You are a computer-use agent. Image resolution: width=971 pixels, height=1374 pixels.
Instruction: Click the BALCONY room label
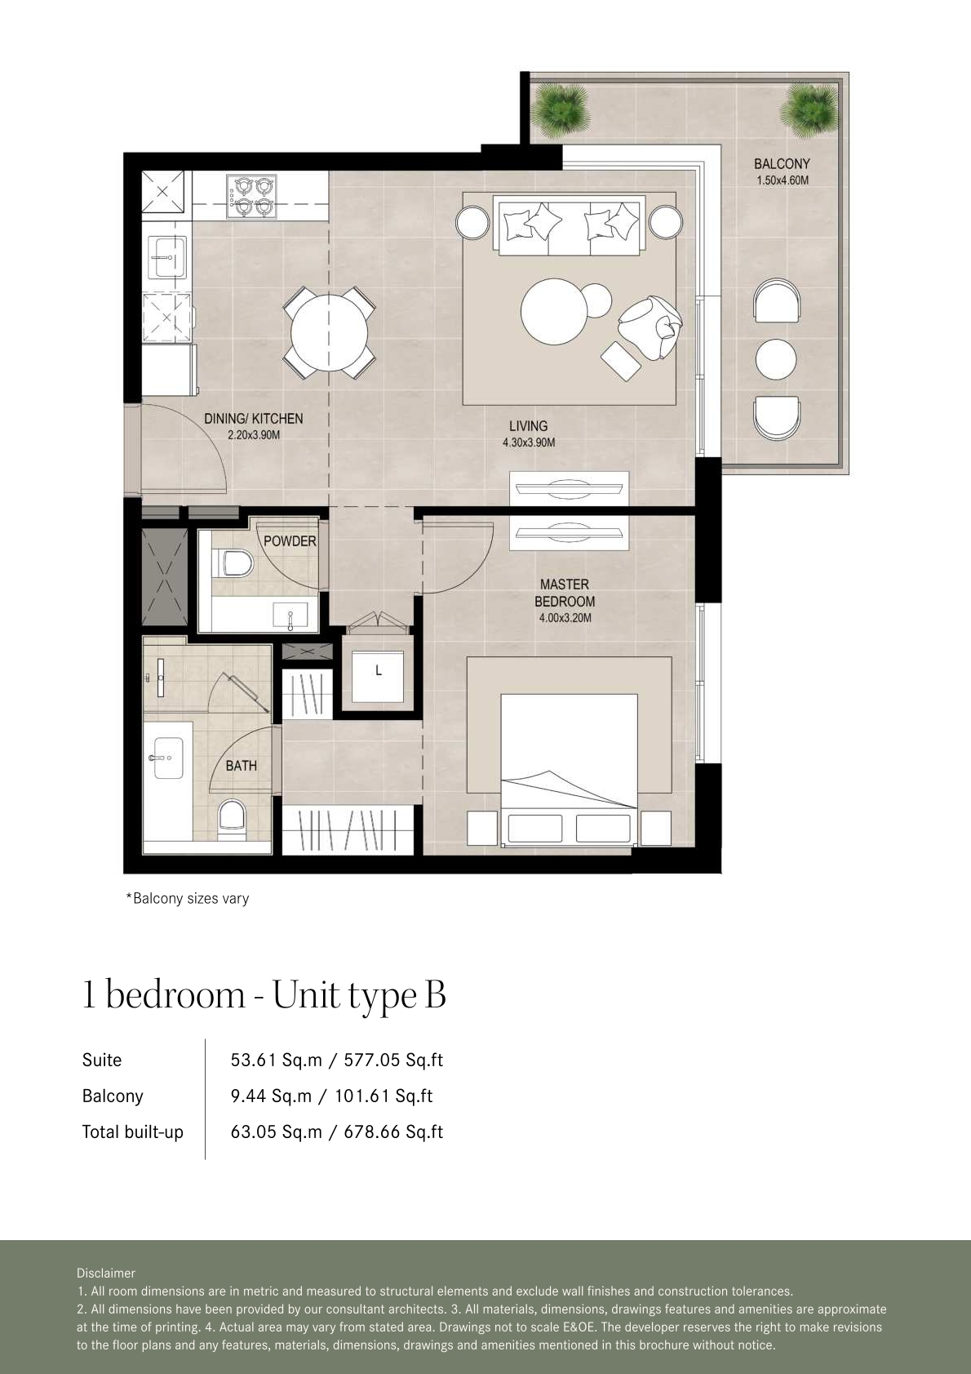point(782,163)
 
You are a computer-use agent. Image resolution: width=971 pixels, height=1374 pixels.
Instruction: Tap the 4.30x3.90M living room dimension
point(529,442)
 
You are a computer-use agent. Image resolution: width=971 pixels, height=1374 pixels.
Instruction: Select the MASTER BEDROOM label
point(565,593)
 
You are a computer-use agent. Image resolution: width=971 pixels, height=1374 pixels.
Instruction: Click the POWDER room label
point(290,540)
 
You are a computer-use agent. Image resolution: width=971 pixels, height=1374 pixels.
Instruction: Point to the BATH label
point(241,765)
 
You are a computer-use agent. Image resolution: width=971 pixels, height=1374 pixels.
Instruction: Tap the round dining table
point(329,332)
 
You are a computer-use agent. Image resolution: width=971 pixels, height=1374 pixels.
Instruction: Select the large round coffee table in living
point(554,312)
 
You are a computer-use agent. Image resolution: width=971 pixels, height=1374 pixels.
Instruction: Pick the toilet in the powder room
point(235,563)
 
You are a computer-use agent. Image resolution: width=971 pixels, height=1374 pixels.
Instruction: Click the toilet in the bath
point(233,817)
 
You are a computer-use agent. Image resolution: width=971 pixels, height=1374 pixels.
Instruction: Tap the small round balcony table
point(775,359)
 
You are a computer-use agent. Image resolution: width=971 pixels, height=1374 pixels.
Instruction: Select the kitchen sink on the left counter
point(166,257)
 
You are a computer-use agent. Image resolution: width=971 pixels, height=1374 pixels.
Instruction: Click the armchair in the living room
point(650,327)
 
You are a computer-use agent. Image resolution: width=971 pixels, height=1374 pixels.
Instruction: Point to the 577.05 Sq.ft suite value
point(393,1060)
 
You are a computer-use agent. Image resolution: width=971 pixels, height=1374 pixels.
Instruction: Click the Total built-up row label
point(132,1132)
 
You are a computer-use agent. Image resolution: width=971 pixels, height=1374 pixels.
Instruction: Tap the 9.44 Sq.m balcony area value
point(271,1096)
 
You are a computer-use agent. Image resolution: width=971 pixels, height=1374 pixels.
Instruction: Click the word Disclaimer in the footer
point(106,1273)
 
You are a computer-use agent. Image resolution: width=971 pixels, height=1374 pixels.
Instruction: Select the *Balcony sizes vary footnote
point(187,898)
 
